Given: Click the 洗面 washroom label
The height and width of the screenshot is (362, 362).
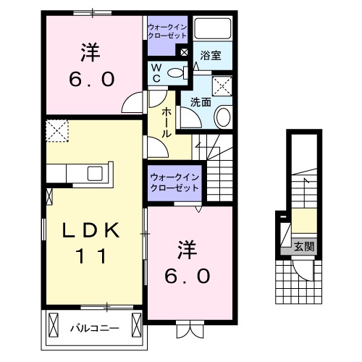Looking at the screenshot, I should coord(201,103).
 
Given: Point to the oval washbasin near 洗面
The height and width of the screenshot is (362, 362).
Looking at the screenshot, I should coord(223,116).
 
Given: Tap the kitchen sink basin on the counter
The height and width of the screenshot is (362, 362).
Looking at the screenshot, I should coord(95,173).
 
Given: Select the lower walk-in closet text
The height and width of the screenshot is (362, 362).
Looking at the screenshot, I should coord(174,182).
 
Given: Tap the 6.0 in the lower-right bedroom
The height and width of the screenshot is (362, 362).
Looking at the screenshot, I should coord(190,276).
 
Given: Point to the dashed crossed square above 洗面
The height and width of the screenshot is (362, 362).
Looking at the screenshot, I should coord(223,85).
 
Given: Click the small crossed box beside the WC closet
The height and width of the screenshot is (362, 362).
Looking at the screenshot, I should coord(184,52).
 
